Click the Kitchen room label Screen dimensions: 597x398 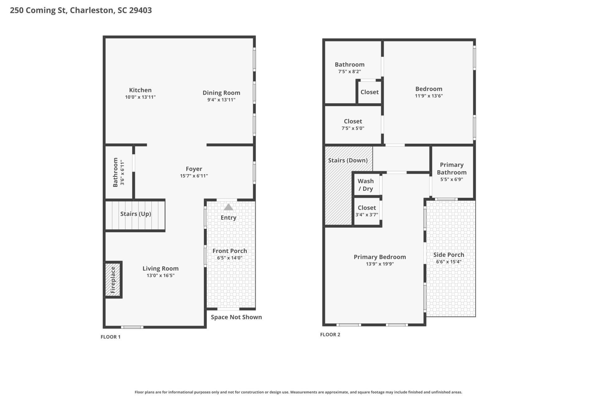(140, 90)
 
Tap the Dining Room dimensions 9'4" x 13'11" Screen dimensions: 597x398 (221, 100)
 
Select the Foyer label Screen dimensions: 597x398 (194, 169)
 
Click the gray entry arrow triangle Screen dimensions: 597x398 (229, 207)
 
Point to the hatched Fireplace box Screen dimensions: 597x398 (113, 280)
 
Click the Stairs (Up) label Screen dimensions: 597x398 (136, 214)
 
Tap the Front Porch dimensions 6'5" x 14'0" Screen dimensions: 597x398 (230, 258)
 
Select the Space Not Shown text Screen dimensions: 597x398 (236, 317)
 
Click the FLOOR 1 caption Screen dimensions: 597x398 (110, 337)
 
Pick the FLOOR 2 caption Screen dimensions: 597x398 (330, 335)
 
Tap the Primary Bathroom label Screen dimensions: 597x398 (452, 169)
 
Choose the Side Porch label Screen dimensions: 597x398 (449, 255)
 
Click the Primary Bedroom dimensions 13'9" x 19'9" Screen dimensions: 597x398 (380, 264)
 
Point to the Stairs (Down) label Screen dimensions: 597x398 (348, 160)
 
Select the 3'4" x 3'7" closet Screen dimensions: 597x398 (367, 211)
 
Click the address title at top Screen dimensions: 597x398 (81, 10)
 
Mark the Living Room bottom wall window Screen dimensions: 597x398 (132, 327)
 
